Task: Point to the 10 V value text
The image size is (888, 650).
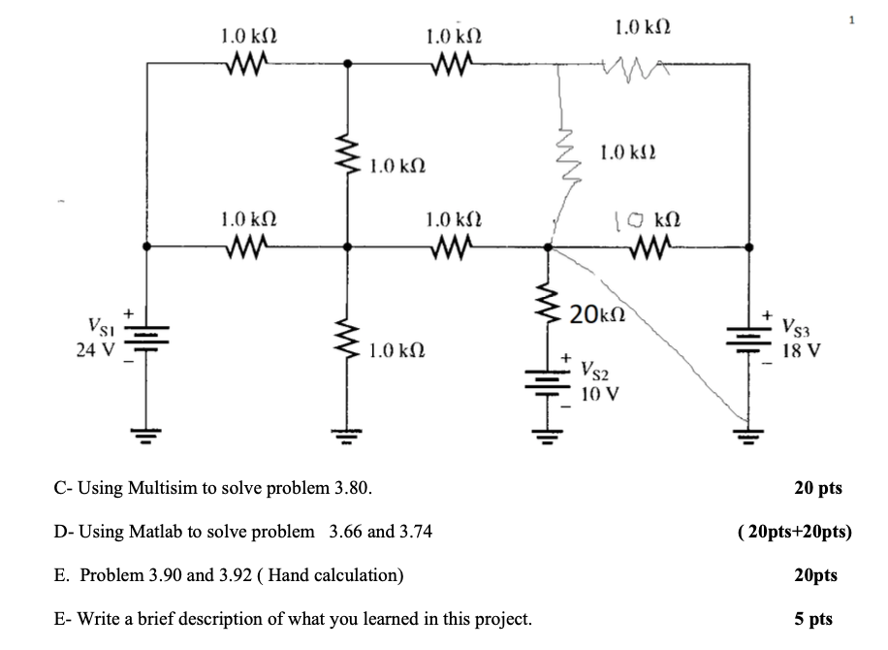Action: tap(599, 394)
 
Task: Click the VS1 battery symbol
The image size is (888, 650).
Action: tap(147, 337)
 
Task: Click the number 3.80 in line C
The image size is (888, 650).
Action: tap(351, 487)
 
